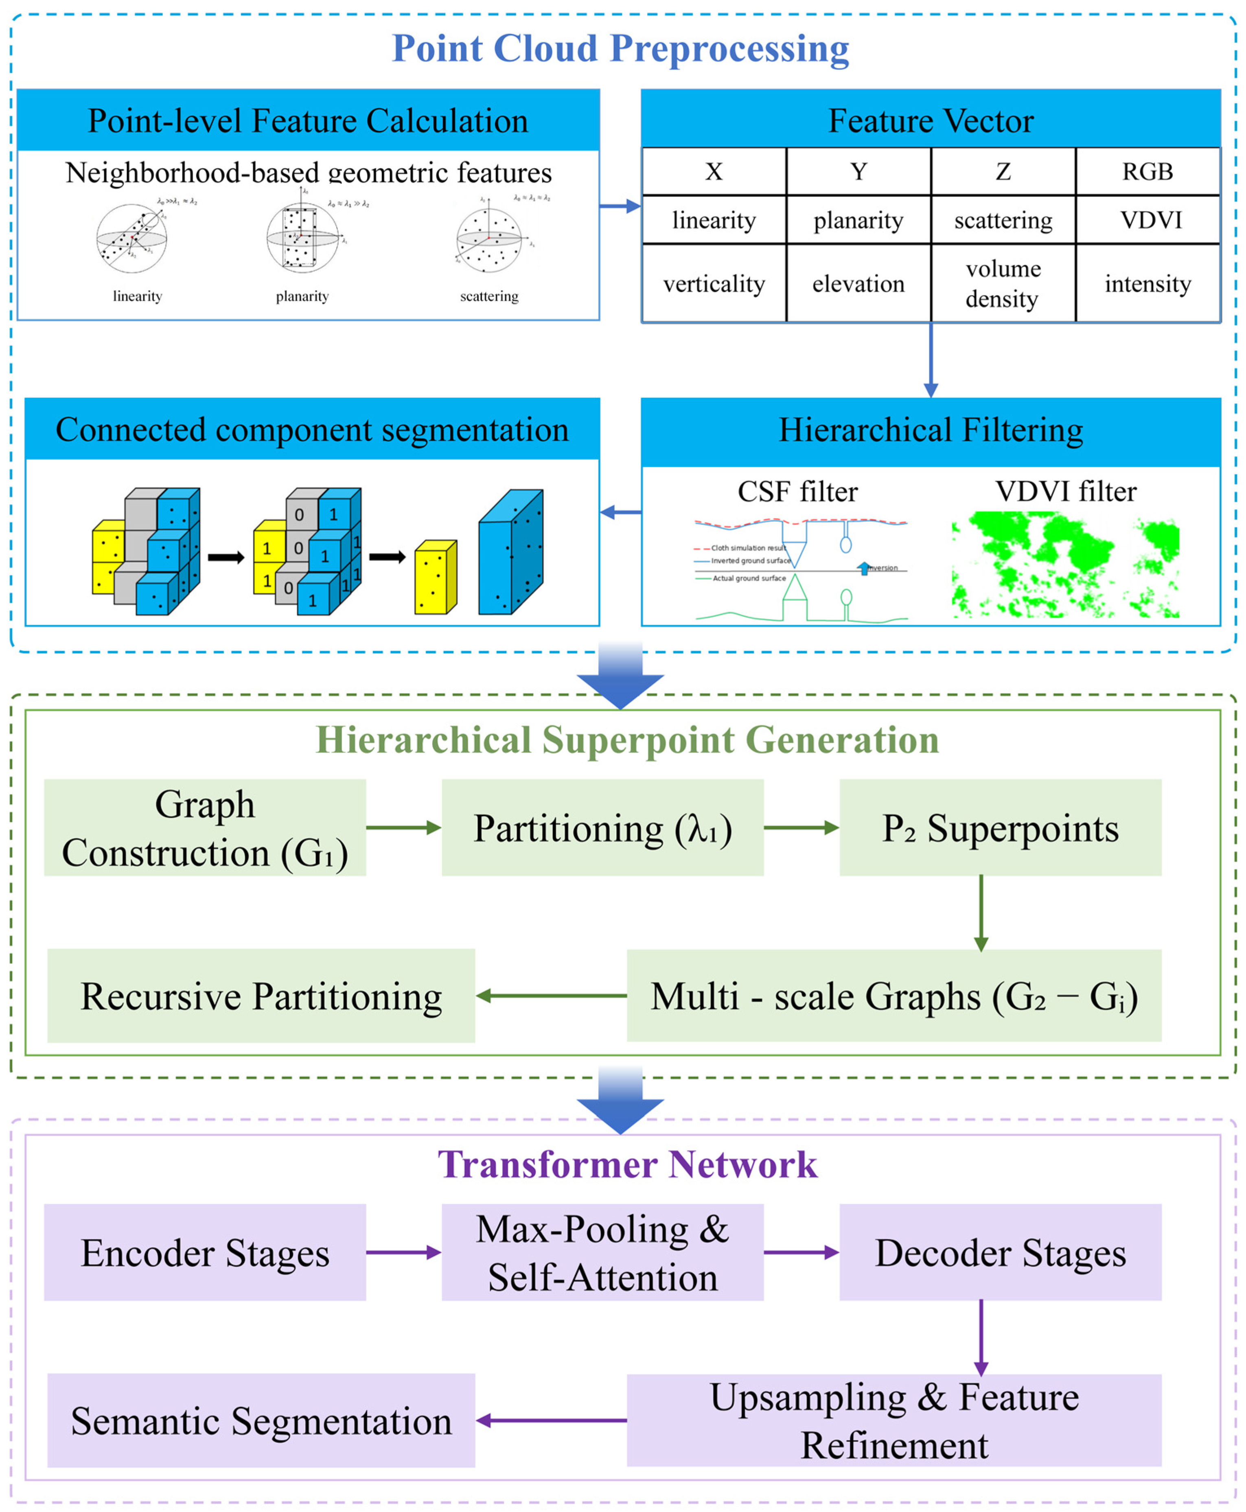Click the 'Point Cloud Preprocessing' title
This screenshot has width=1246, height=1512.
620,49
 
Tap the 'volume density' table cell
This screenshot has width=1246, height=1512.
1003,283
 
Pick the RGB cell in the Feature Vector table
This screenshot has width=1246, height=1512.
1147,171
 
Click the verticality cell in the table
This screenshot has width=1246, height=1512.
714,283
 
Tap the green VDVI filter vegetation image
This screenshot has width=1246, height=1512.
1065,565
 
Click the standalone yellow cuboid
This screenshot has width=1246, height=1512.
435,578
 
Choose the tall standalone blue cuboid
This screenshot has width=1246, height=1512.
510,553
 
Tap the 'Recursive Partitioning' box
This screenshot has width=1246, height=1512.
261,996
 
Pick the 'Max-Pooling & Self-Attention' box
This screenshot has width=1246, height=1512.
602,1252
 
